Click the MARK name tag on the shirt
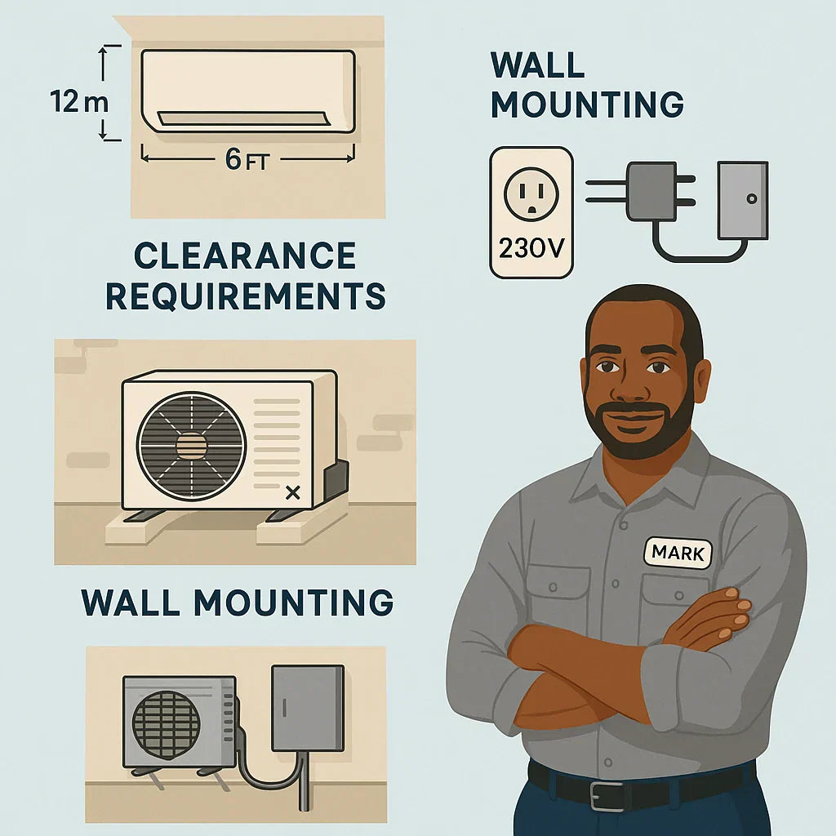coord(678,553)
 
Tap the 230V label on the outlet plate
coord(531,248)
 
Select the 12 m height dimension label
coord(79,101)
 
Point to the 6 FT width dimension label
coord(247,159)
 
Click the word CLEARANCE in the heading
coord(245,256)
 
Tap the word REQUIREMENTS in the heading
coord(245,296)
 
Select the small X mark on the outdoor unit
coord(293,492)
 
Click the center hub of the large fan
coord(191,446)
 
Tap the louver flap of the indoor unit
coord(241,119)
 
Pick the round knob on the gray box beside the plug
coord(752,199)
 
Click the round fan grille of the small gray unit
coord(166,725)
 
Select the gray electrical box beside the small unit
coord(308,708)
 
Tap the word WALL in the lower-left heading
coord(130,602)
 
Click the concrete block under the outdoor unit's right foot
coord(301,529)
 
